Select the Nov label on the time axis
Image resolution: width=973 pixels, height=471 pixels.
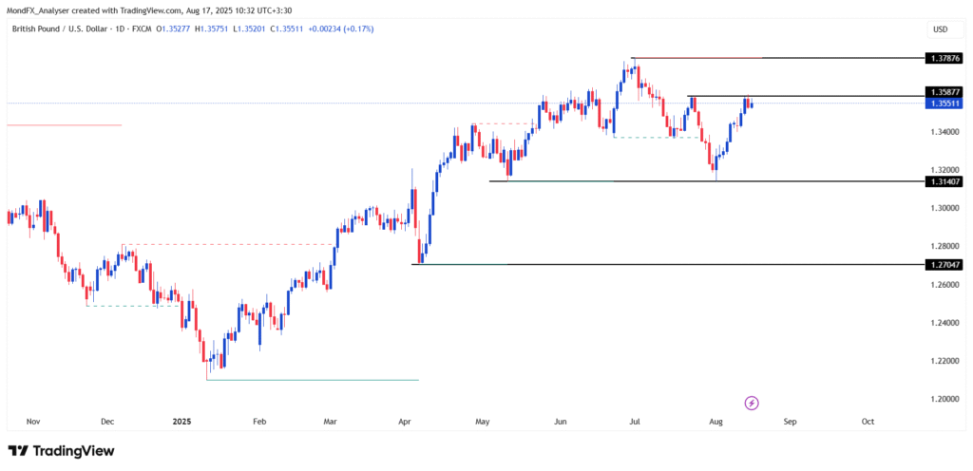pyautogui.click(x=33, y=420)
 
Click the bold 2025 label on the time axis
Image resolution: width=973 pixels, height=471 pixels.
pyautogui.click(x=181, y=420)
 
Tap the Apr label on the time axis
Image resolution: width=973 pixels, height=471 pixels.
pyautogui.click(x=404, y=420)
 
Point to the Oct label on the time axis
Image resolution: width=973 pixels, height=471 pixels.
pyautogui.click(x=868, y=420)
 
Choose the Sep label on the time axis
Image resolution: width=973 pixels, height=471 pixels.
pyautogui.click(x=790, y=420)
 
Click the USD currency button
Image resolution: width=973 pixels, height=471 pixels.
pyautogui.click(x=941, y=29)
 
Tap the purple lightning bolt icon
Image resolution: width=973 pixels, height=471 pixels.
pyautogui.click(x=752, y=403)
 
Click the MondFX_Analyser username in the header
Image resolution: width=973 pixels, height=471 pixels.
pyautogui.click(x=40, y=8)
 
